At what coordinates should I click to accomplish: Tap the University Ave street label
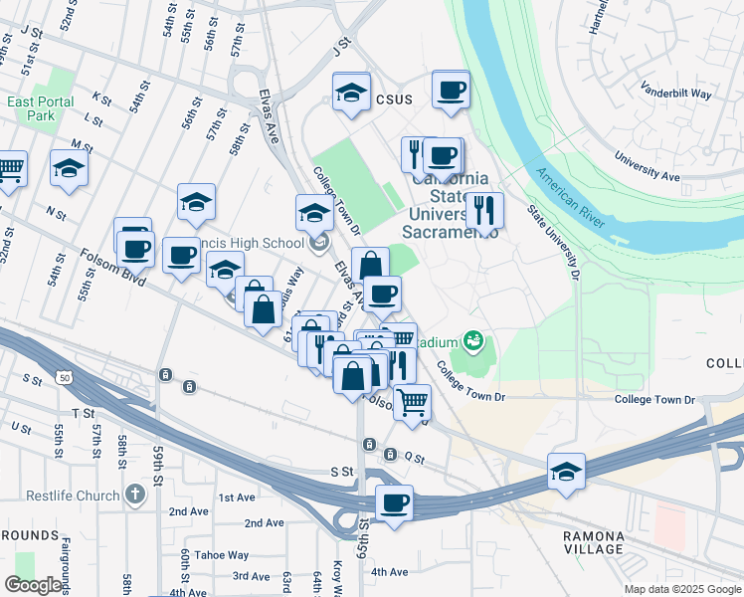tap(647, 165)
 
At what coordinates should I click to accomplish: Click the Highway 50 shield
tap(64, 378)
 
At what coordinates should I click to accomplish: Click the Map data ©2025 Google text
tap(682, 589)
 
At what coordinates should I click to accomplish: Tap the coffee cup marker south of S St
tap(394, 502)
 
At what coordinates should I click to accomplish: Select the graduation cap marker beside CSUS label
tap(351, 93)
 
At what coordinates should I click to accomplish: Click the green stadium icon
tap(474, 342)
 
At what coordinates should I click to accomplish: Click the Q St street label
tap(415, 459)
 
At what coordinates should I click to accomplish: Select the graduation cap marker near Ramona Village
tap(565, 471)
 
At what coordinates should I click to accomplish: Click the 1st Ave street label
tap(237, 497)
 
